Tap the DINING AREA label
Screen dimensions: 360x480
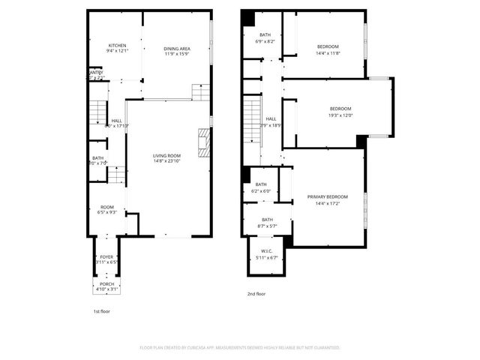pos(177,48)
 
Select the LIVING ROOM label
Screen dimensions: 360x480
pos(168,154)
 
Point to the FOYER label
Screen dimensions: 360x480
pos(106,257)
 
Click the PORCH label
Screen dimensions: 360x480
pos(107,284)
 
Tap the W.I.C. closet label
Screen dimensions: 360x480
pos(266,251)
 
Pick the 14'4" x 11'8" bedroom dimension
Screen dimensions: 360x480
pos(328,53)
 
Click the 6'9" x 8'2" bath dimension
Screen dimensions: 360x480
pos(265,41)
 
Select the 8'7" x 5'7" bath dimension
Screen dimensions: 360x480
pos(267,226)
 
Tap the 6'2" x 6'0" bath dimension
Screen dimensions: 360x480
pos(261,190)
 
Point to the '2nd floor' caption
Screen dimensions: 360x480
pos(256,294)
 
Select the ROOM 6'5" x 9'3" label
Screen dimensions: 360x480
pos(107,211)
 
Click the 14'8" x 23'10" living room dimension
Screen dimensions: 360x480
pos(168,160)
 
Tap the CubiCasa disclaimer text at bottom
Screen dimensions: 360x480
pos(240,348)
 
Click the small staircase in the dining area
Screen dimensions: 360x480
pos(199,93)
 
